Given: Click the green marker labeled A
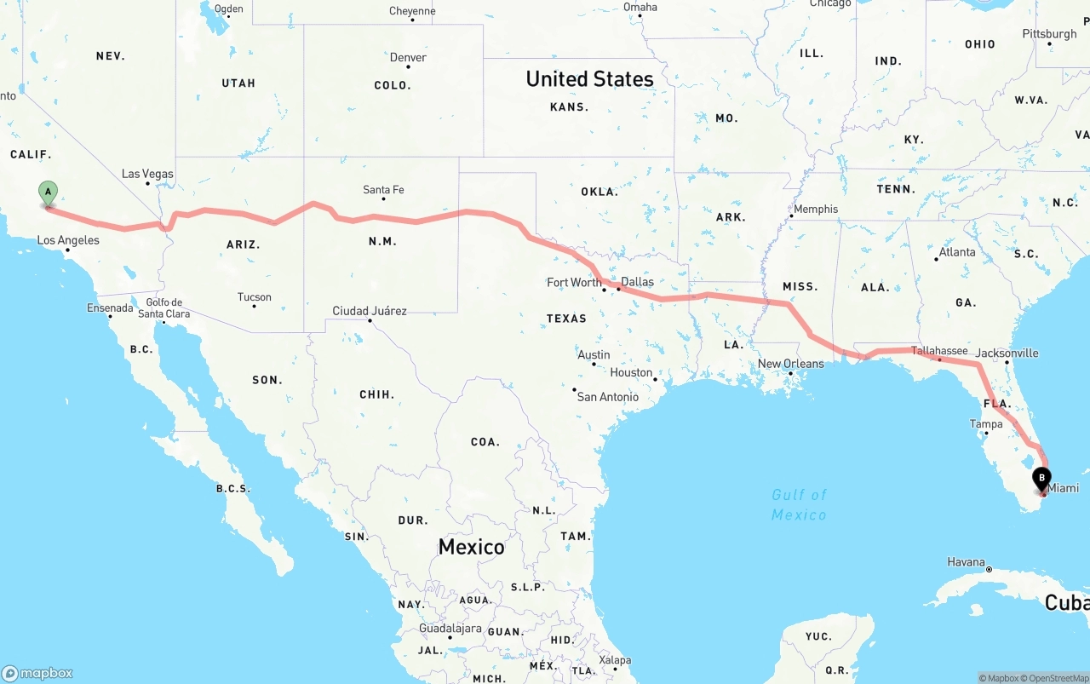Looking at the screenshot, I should [49, 193].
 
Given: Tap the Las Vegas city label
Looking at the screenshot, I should [147, 174].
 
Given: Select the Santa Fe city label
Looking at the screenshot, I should [383, 190].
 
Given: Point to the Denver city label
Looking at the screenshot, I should [408, 58].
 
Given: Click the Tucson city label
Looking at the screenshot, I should [255, 297].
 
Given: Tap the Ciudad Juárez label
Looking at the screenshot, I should [370, 311].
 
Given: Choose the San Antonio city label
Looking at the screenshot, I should [607, 396].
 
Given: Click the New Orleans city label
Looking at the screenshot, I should [791, 364].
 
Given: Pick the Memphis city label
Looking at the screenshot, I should [816, 209].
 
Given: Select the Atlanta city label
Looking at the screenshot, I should [957, 252].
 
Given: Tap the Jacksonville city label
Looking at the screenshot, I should [1007, 353].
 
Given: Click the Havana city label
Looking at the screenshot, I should [966, 562].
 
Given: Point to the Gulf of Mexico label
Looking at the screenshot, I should [799, 504].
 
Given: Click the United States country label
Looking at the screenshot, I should [589, 79].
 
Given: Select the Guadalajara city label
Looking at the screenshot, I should [450, 628].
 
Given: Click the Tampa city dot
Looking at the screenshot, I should [986, 434].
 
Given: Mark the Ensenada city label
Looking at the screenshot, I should [110, 308].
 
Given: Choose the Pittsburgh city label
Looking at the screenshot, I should [1049, 34].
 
